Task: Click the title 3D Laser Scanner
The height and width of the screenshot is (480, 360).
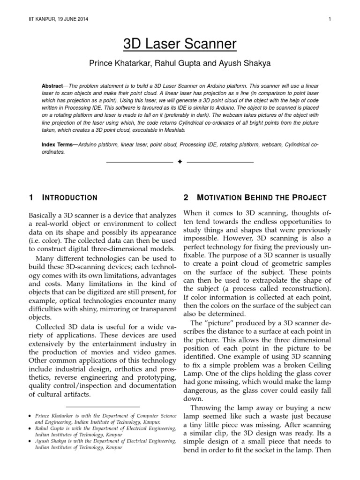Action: pos(180,45)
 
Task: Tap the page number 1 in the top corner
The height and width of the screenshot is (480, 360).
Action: pos(330,19)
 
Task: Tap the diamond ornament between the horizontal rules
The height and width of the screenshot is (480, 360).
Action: pos(180,162)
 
